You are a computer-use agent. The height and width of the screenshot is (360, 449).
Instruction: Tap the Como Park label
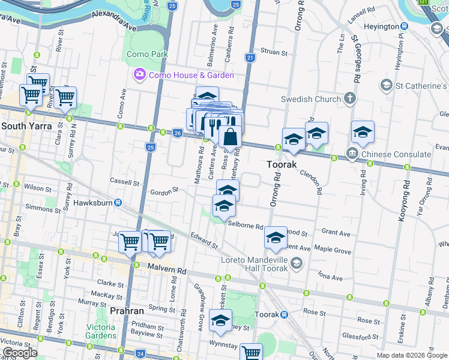[x=146, y=54]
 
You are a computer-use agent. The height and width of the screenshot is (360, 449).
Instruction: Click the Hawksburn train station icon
[x=119, y=203]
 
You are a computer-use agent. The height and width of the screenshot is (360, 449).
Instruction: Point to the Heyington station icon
[x=405, y=26]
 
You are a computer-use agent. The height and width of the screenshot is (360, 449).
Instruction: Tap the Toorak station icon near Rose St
[x=284, y=314]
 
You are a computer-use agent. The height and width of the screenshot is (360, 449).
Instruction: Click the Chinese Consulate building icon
[x=351, y=154]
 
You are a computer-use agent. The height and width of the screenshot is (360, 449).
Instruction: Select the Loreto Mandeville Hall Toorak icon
[x=295, y=263]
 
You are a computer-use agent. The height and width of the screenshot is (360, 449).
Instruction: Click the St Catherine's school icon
[x=388, y=86]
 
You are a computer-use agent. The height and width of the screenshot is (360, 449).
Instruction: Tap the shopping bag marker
[x=231, y=138]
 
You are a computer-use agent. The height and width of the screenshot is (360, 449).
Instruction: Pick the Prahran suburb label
[x=127, y=311]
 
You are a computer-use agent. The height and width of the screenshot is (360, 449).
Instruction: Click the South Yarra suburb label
[x=26, y=126]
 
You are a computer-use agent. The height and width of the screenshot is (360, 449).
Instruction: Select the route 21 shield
[x=250, y=58]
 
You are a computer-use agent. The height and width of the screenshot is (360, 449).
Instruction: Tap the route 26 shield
[x=177, y=132]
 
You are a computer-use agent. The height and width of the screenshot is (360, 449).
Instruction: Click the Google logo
[x=20, y=353]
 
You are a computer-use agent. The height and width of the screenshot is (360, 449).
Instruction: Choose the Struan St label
[x=275, y=52]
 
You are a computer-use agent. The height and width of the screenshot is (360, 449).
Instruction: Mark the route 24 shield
[x=139, y=355]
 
